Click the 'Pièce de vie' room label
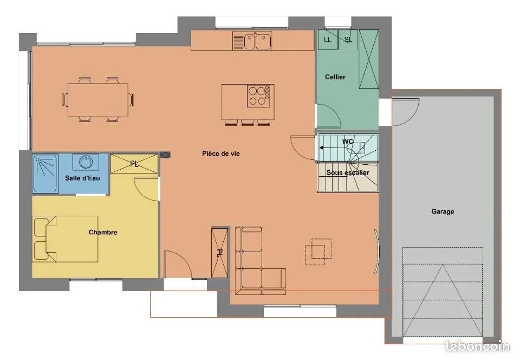pos(221,153)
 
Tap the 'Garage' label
pos(443,211)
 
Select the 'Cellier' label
pos(335,77)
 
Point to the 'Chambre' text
pos(103,232)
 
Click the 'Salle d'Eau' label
pos(82,178)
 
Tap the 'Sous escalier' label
pos(348,172)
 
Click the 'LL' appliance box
pos(328,40)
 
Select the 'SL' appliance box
pos(348,40)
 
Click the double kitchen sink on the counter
pos(252,41)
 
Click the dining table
pos(98,100)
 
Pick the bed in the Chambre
pos(66,239)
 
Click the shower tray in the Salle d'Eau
pos(45,173)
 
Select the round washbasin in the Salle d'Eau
pos(86,162)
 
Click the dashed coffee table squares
pos(318,252)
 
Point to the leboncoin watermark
pos(477,346)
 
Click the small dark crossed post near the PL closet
pos(165,155)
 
